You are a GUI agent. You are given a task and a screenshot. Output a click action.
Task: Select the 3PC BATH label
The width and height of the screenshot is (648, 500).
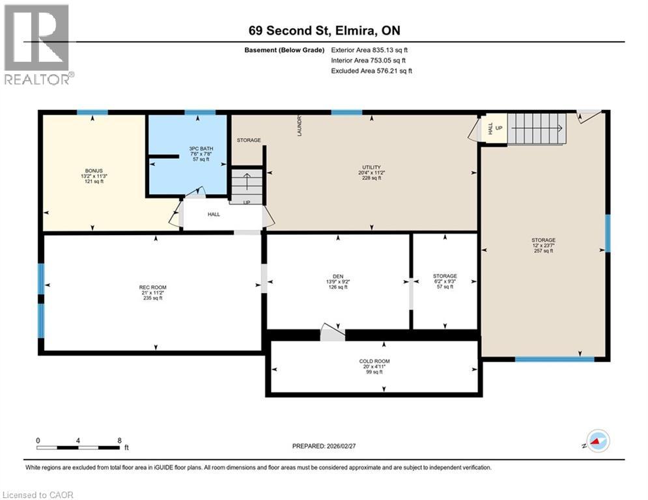click(x=188, y=148)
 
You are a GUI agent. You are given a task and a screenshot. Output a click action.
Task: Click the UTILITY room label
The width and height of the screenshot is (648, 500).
click(x=371, y=167)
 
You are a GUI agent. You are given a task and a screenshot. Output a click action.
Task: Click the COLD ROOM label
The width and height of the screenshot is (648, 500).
click(x=374, y=361)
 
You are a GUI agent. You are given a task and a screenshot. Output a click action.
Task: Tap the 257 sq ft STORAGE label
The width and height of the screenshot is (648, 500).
click(x=543, y=240)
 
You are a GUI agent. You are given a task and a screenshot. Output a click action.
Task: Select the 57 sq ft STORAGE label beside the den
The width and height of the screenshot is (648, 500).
click(x=445, y=276)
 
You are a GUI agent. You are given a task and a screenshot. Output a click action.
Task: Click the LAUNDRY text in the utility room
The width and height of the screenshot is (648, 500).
click(x=299, y=124)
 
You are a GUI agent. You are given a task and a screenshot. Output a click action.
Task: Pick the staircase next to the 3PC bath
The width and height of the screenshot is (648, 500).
click(x=246, y=185)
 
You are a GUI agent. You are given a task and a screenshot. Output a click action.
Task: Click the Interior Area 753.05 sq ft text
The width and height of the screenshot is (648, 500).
click(x=370, y=61)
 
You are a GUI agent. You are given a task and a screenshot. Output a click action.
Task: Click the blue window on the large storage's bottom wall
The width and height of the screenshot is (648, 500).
click(x=554, y=359)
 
